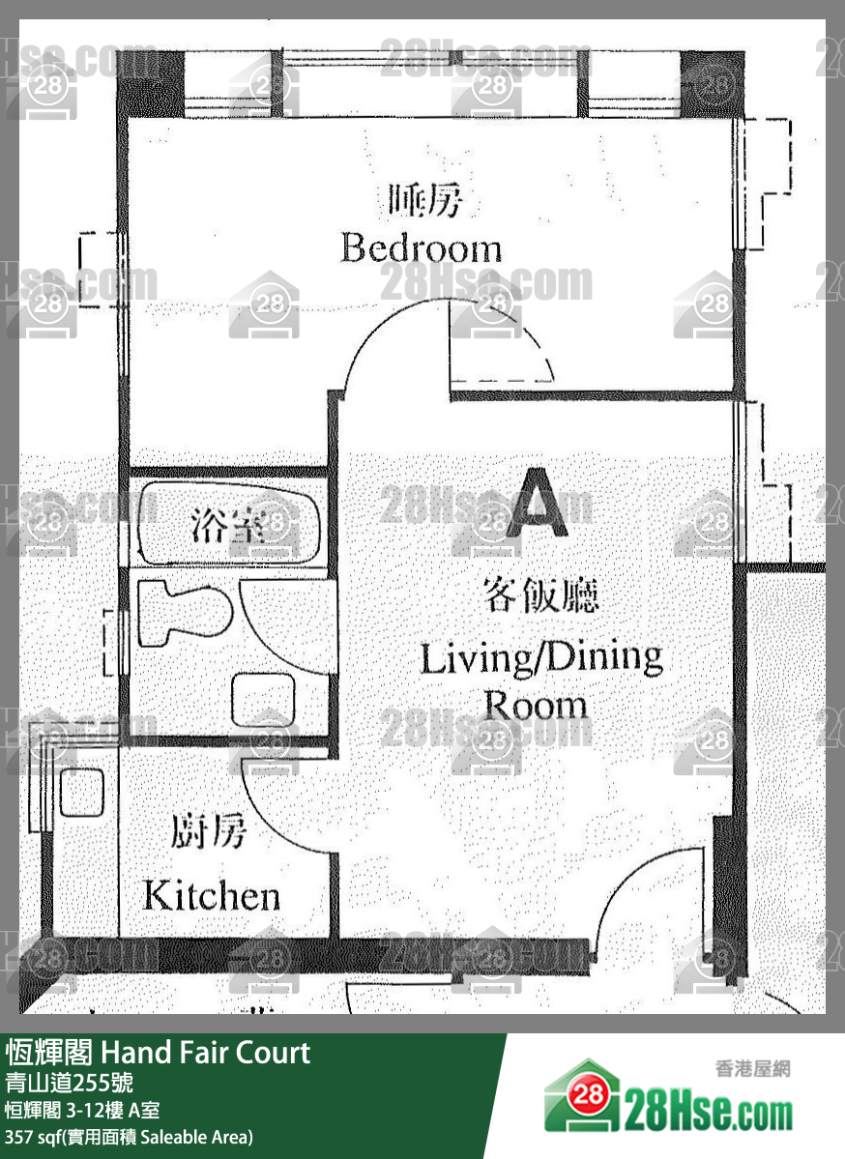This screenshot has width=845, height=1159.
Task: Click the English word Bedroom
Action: [x=421, y=247]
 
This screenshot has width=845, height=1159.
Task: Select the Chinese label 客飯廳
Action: [x=540, y=595]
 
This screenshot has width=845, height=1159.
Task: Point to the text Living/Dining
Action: [x=541, y=658]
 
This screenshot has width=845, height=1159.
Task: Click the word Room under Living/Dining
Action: [x=536, y=705]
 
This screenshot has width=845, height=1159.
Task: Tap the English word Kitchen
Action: [x=212, y=895]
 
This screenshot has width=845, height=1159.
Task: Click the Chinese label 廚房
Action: [x=208, y=831]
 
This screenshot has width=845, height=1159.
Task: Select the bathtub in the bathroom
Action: [x=228, y=523]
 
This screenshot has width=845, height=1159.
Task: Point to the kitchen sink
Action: [x=82, y=792]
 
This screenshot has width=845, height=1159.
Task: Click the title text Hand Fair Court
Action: [x=206, y=1053]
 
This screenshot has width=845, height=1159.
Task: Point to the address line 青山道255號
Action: [x=69, y=1083]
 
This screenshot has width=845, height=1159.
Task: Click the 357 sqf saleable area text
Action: [x=129, y=1136]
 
